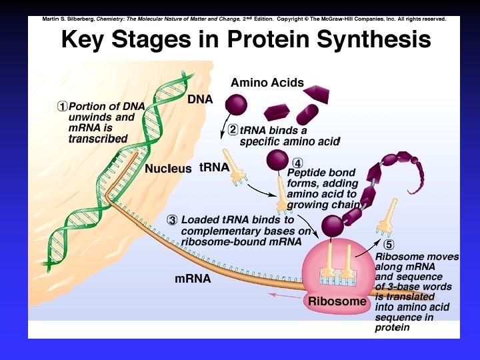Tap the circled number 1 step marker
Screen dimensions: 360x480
[x=62, y=106]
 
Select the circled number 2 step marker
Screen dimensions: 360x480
[x=233, y=130]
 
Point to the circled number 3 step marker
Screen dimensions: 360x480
[x=172, y=219]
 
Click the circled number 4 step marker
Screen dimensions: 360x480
[x=298, y=163]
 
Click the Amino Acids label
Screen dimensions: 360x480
[x=267, y=83]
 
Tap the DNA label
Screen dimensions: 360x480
[x=200, y=99]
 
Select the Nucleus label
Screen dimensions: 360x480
[x=168, y=169]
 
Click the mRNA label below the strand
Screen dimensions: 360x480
[x=193, y=279]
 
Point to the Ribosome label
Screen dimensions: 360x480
[x=337, y=301]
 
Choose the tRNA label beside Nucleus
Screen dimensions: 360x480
[x=214, y=167]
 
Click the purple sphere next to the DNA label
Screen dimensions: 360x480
[x=235, y=105]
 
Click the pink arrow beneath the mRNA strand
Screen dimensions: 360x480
[x=283, y=294]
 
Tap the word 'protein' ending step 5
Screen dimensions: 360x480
[x=393, y=327]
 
